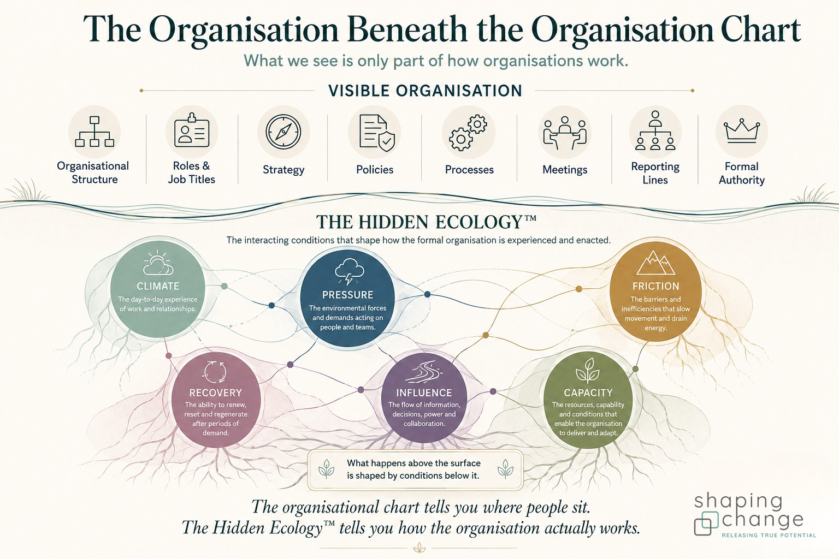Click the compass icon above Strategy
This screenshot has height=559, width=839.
tap(283, 132)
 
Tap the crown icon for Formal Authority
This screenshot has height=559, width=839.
tap(742, 131)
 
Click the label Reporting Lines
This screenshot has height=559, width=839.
tap(655, 173)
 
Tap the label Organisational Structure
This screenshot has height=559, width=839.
tap(93, 173)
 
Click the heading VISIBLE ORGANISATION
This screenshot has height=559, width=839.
tap(425, 91)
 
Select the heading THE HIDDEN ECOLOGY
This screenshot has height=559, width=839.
tap(426, 222)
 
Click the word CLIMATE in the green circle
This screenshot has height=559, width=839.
tap(158, 286)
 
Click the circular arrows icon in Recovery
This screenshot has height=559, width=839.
tap(214, 372)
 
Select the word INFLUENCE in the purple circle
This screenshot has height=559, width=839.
tap(424, 393)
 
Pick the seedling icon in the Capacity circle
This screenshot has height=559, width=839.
tap(587, 370)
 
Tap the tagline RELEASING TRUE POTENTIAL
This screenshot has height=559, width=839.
tap(769, 536)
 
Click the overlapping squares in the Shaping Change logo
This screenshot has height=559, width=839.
tap(706, 522)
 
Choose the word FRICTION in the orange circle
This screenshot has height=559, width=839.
tap(655, 286)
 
